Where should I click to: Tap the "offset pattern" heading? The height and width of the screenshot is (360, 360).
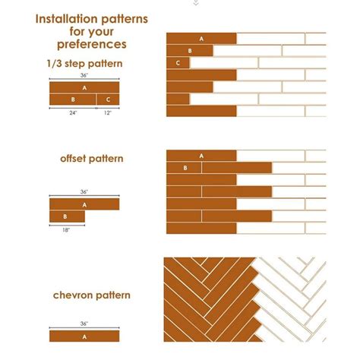pos(91,159)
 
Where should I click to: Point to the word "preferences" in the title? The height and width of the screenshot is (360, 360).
pos(91,45)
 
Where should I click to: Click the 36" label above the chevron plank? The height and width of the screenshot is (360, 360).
pos(84,324)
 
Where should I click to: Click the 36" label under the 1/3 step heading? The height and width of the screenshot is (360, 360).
pos(84,76)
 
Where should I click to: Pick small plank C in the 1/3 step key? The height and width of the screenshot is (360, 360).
pos(108,99)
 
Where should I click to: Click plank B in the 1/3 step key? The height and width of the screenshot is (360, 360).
pos(72,99)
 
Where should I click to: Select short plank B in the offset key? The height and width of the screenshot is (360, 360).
pos(67,216)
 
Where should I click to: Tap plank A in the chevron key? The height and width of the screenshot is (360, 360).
pos(84,335)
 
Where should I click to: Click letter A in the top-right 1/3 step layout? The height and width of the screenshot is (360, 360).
pos(201,39)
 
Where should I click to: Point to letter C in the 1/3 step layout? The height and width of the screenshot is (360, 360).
pos(178,63)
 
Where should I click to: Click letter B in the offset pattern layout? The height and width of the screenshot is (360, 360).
pos(185,167)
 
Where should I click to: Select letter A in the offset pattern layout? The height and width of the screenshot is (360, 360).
pos(201,156)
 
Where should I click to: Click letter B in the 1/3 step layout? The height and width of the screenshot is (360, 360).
pos(189,51)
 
